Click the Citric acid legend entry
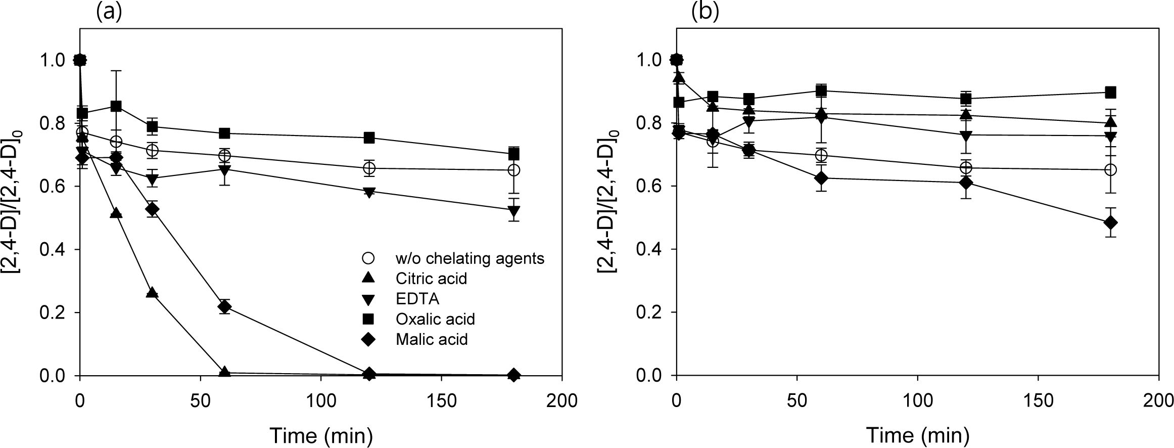431,279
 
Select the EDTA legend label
417,299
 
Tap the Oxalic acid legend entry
435,319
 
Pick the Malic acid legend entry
432,339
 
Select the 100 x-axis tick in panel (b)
918,401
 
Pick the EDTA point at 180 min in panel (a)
514,211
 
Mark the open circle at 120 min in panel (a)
369,168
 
